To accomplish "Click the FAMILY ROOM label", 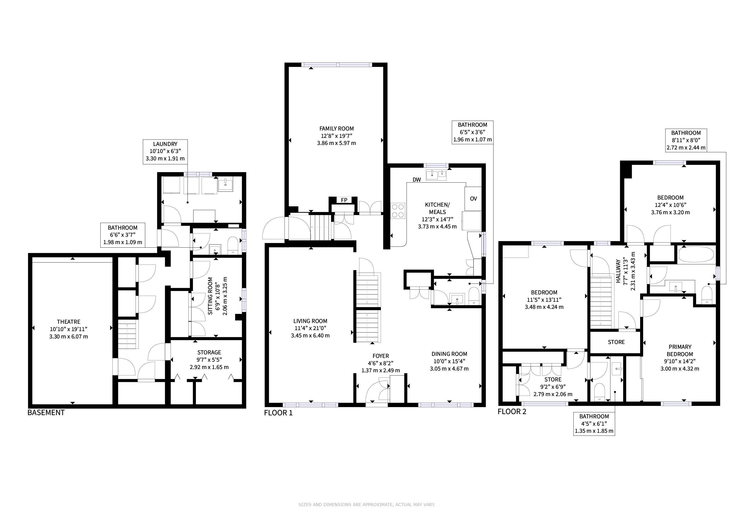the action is (336, 128).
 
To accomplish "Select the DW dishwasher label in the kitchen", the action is (417, 180).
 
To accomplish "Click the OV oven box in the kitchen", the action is (473, 198).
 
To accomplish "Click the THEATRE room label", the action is (69, 322).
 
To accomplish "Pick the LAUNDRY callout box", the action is (165, 152).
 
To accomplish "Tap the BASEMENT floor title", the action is (46, 413).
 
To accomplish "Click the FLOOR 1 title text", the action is (278, 413).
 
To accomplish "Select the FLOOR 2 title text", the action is (512, 412).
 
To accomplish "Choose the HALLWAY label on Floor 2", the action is (618, 271).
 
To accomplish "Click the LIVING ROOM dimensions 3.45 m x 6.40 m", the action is (310, 336).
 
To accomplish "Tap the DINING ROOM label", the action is (449, 354).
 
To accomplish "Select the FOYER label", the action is (380, 356).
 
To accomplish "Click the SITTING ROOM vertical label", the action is (210, 296).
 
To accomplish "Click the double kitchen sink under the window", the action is (436, 175).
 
